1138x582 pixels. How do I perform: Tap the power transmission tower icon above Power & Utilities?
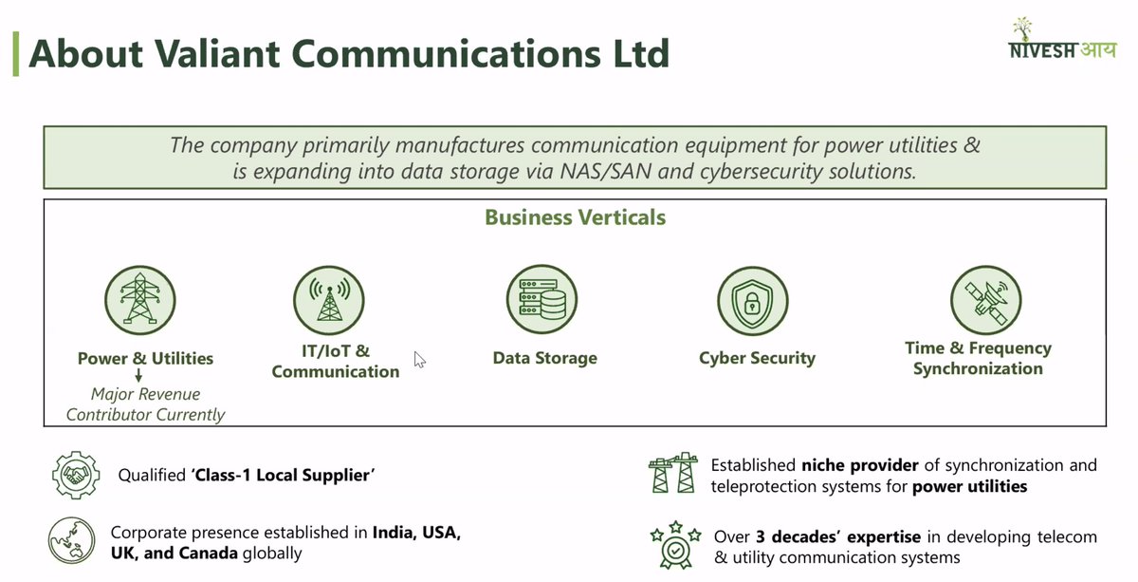click(140, 298)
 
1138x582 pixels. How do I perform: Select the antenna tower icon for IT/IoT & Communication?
click(329, 298)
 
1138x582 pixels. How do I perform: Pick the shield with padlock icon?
click(752, 301)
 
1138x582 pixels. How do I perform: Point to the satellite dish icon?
click(985, 299)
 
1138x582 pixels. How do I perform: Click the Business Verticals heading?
click(575, 217)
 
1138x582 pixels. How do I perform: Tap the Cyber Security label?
click(757, 359)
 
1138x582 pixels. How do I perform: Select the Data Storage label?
click(544, 359)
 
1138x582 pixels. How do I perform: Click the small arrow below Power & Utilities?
click(138, 377)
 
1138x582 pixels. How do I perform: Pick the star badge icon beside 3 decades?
click(675, 544)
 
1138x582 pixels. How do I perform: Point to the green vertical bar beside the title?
click(15, 53)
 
